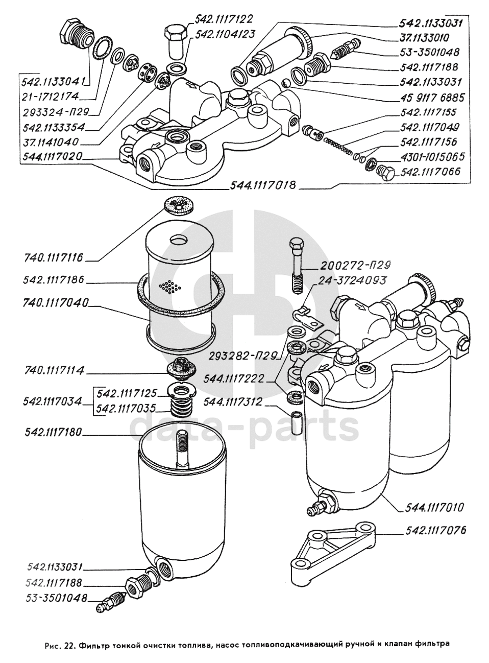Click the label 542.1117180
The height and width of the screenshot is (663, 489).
coord(53,433)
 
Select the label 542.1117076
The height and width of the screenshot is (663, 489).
coord(434,531)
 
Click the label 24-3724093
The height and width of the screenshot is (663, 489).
coord(353,280)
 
